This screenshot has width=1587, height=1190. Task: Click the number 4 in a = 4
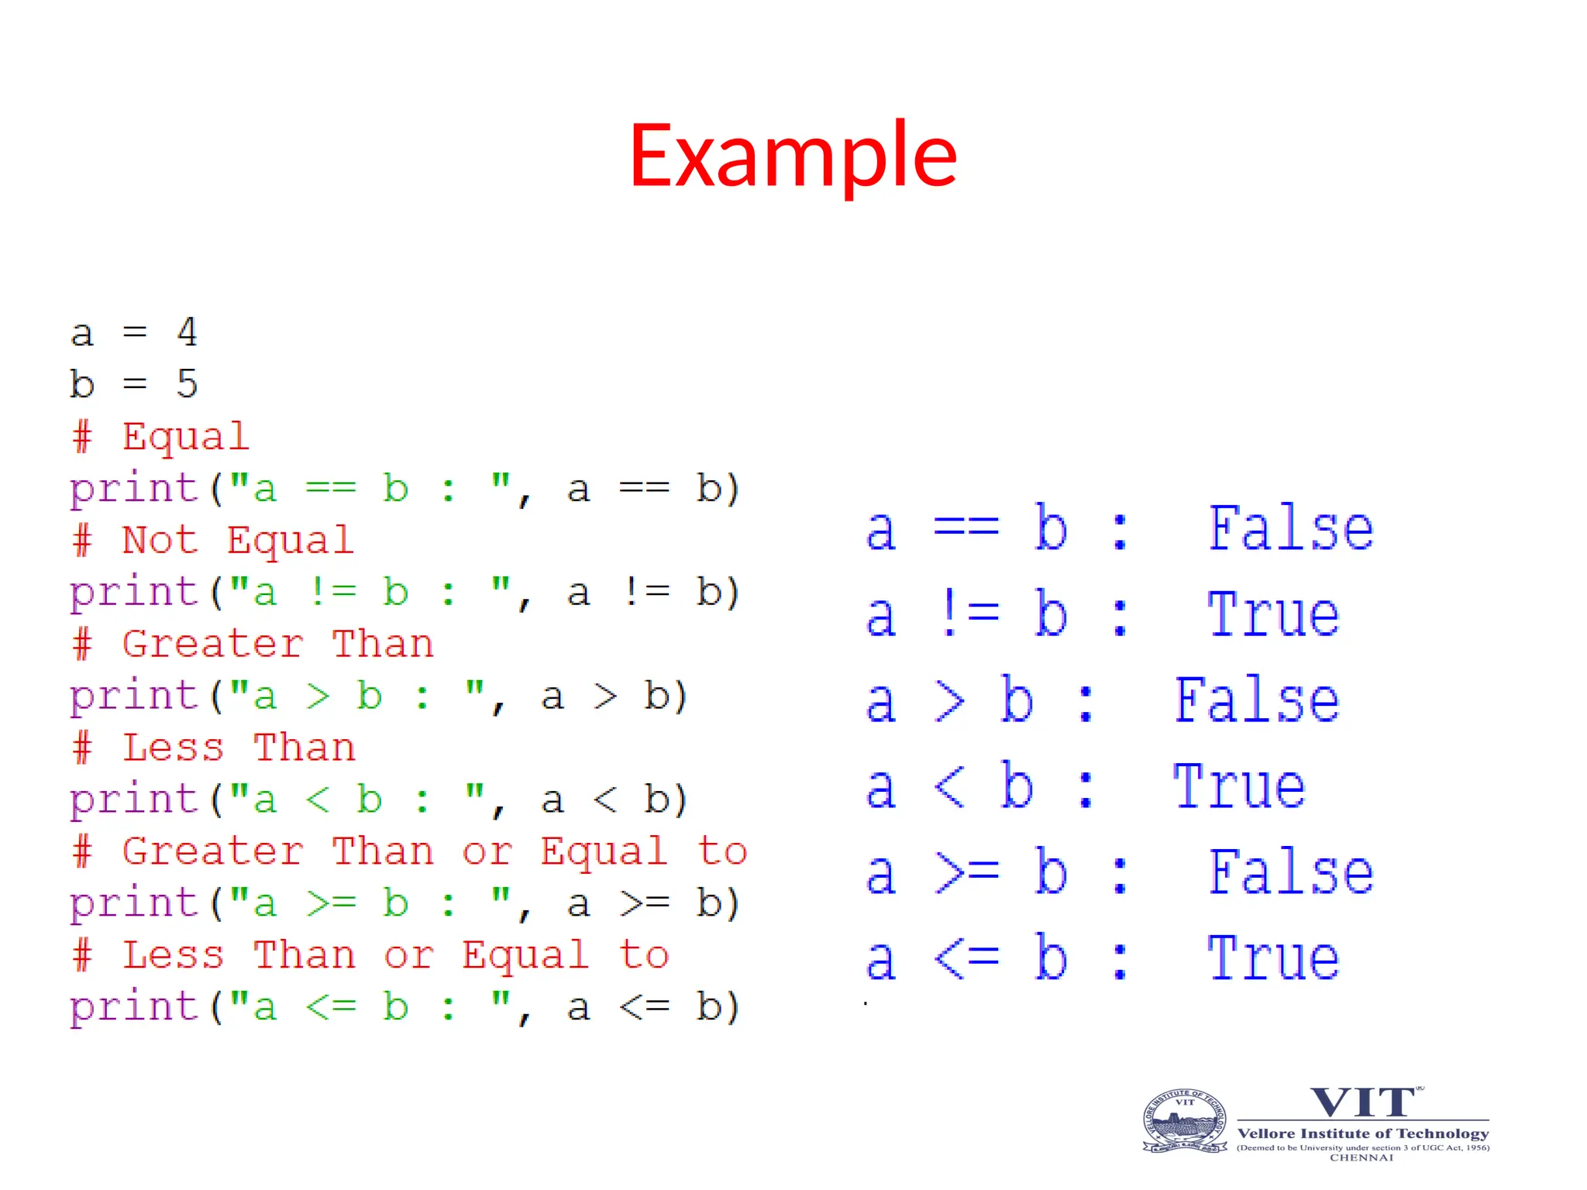187,332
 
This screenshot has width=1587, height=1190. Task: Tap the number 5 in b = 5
187,383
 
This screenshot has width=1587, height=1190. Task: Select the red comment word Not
160,540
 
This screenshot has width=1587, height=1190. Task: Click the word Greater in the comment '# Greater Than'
212,644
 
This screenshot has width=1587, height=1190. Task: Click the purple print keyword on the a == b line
134,490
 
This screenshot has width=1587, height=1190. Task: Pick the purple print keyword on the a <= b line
134,1007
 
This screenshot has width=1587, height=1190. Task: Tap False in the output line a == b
1290,529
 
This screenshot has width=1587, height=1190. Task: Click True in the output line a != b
1273,615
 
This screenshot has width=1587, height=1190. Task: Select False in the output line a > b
1256,701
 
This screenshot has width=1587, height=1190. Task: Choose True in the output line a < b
1239,787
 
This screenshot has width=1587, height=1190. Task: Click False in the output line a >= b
1290,873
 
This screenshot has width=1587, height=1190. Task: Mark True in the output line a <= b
1273,959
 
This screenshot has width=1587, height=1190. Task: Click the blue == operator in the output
966,529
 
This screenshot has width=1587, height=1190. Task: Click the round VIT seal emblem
1185,1121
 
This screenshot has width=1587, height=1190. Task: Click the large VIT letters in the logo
1362,1102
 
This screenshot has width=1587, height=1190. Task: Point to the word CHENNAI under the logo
1362,1157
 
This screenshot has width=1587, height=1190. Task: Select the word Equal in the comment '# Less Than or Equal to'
525,955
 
